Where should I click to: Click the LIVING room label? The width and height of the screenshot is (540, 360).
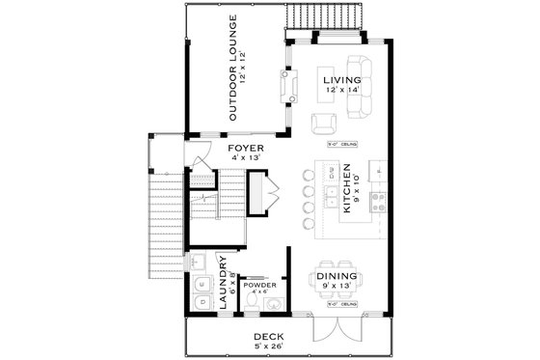coord(341,79)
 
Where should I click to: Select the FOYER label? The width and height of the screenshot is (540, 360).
coord(245,149)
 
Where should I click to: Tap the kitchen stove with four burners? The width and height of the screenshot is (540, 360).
coord(379,204)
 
